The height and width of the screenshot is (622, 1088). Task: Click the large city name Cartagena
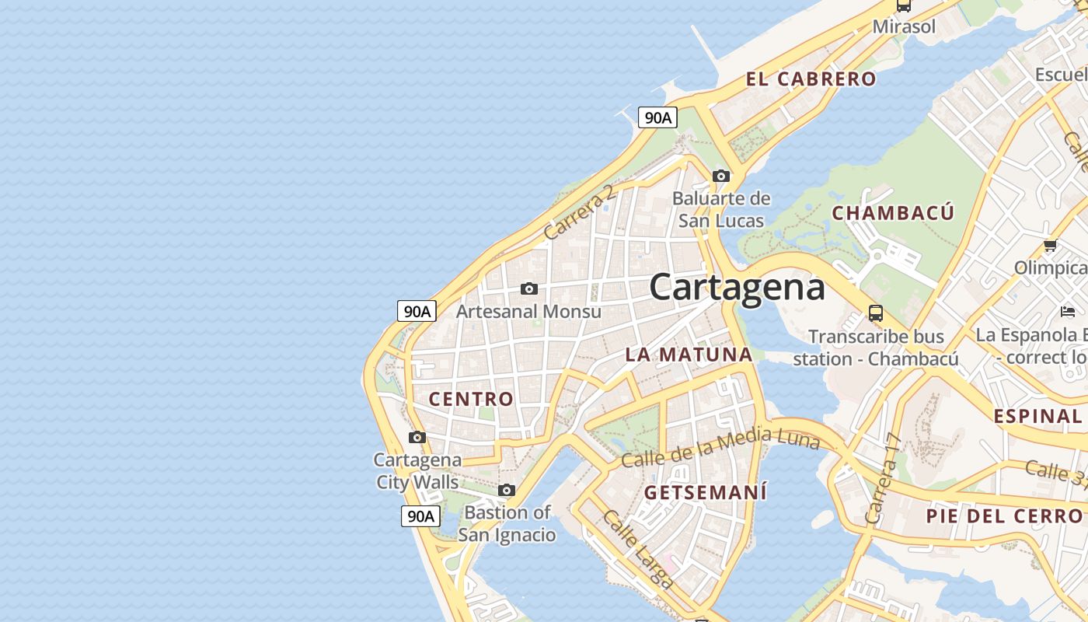pyautogui.click(x=737, y=288)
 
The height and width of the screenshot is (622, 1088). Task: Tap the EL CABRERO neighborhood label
pyautogui.click(x=811, y=79)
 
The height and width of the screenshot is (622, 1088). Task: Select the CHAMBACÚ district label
pyautogui.click(x=893, y=213)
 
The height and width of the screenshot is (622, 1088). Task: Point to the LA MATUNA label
pyautogui.click(x=689, y=355)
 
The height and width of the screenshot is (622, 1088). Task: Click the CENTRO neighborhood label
pyautogui.click(x=471, y=400)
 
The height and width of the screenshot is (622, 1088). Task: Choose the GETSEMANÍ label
pyautogui.click(x=706, y=493)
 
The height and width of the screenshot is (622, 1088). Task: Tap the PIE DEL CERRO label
pyautogui.click(x=1003, y=516)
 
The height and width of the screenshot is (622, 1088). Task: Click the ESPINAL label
pyautogui.click(x=1037, y=416)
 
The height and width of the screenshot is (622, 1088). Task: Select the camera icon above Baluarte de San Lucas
pyautogui.click(x=721, y=176)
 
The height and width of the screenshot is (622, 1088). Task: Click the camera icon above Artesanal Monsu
pyautogui.click(x=529, y=289)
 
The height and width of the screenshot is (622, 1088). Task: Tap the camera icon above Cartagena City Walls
pyautogui.click(x=417, y=437)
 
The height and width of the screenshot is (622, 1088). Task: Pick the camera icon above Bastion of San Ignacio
pyautogui.click(x=507, y=491)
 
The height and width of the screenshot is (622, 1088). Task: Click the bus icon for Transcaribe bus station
pyautogui.click(x=876, y=313)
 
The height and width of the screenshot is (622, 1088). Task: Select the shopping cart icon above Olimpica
pyautogui.click(x=1050, y=246)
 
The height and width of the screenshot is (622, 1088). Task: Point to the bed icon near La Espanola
pyautogui.click(x=1068, y=313)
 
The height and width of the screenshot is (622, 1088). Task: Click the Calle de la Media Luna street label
pyautogui.click(x=720, y=449)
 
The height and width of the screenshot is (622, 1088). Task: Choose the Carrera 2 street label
pyautogui.click(x=580, y=211)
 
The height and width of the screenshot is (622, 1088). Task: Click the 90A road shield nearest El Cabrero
pyautogui.click(x=657, y=117)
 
